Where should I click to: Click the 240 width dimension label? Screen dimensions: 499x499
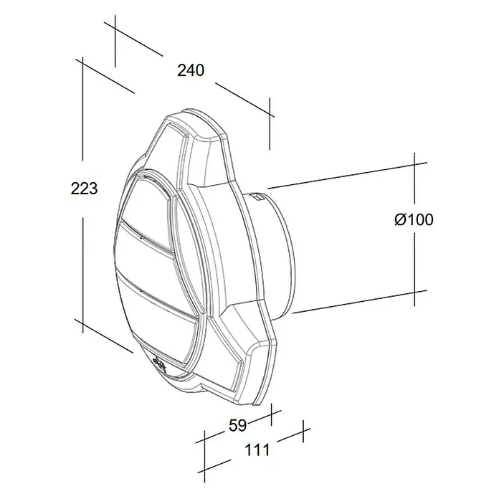click(191, 70)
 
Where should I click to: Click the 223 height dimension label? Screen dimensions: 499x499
click(84, 189)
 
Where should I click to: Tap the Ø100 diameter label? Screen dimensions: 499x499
click(414, 219)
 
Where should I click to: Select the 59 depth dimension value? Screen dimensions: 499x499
click(238, 425)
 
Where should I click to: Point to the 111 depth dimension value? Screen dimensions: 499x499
click(257, 450)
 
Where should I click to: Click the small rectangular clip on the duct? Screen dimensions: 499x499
click(257, 197)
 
